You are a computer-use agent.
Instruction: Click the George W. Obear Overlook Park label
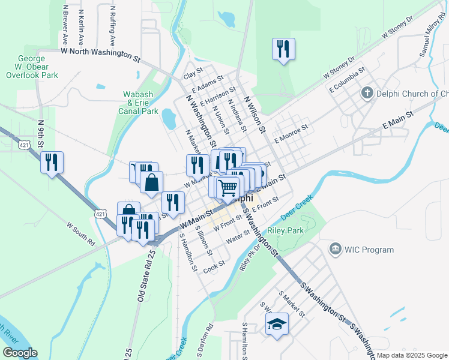coord(32,68)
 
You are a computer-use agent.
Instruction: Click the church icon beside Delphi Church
coord(367,93)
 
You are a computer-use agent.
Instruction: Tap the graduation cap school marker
coord(277,325)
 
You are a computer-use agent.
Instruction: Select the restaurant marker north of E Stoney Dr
coord(283,49)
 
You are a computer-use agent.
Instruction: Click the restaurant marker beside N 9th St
coord(52,161)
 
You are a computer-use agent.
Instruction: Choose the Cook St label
coord(214,265)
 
